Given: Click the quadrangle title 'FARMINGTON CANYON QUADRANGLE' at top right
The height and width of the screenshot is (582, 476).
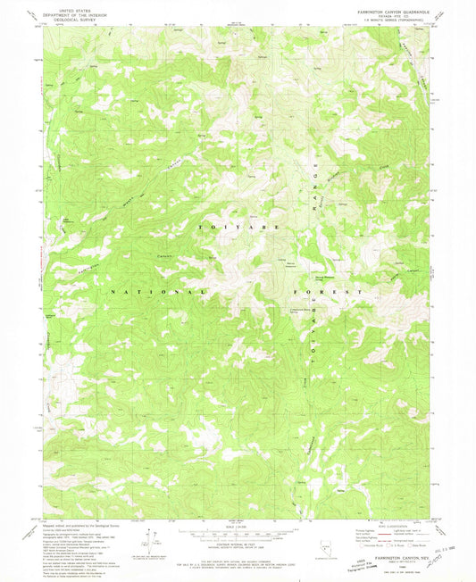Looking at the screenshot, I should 395,11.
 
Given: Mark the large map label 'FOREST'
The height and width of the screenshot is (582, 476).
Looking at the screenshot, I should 331,292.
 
